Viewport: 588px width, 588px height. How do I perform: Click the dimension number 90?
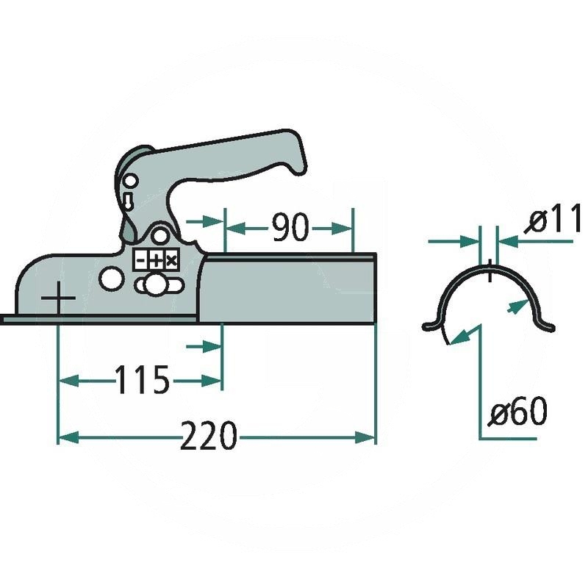(289, 229)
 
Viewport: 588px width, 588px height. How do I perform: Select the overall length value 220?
(209, 437)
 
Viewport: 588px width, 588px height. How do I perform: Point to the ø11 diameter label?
(555, 220)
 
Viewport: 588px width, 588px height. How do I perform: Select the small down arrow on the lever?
(126, 200)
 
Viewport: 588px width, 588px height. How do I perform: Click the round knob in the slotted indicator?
(155, 285)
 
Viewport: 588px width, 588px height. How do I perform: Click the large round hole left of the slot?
(110, 279)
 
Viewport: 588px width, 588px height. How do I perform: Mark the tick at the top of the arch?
(489, 271)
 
